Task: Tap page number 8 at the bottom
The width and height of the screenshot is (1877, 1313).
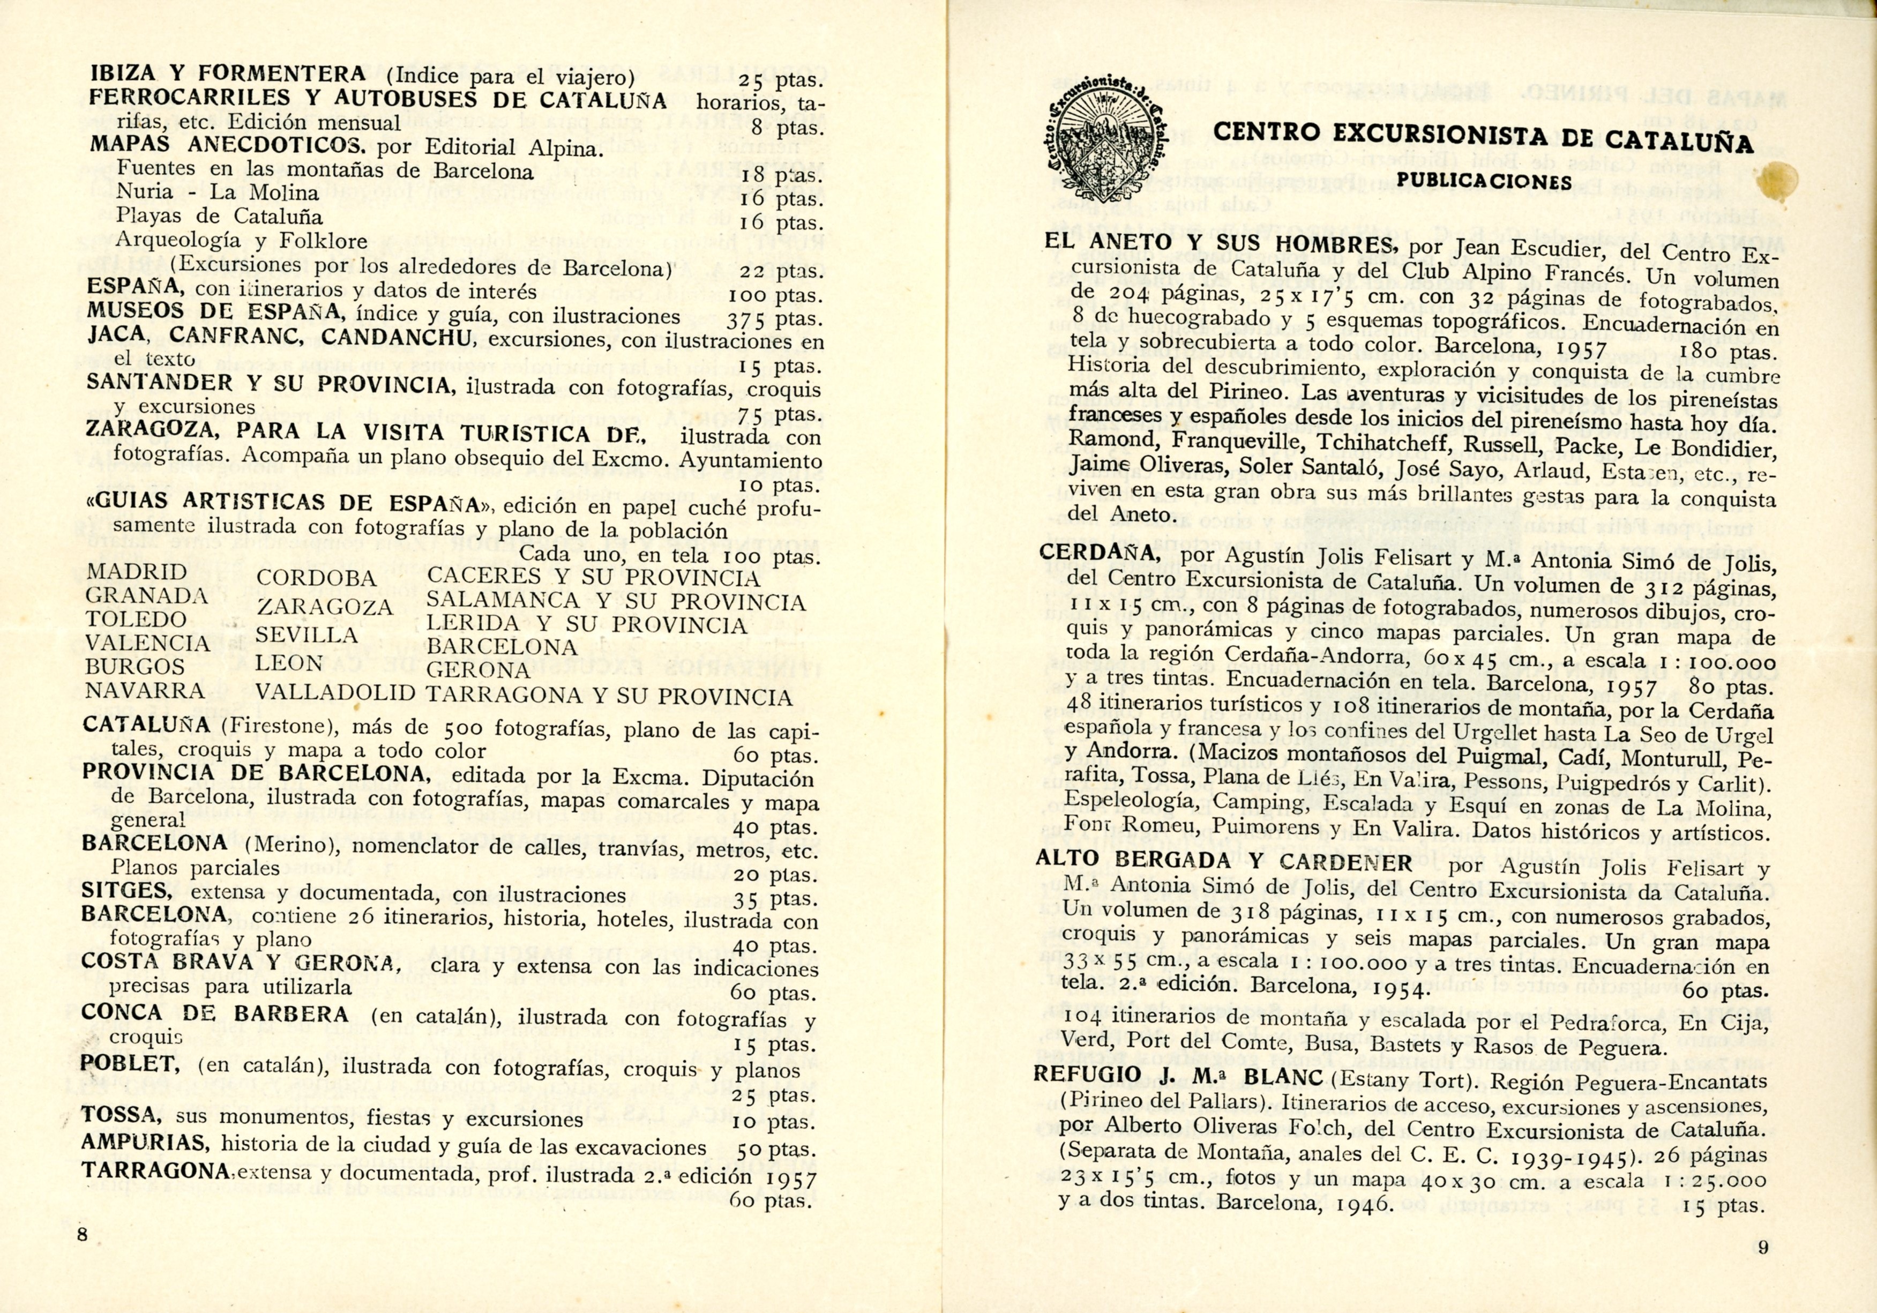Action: (83, 1235)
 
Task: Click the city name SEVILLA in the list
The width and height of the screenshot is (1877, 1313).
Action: (306, 635)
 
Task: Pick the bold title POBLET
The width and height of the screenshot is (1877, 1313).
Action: (131, 1064)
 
